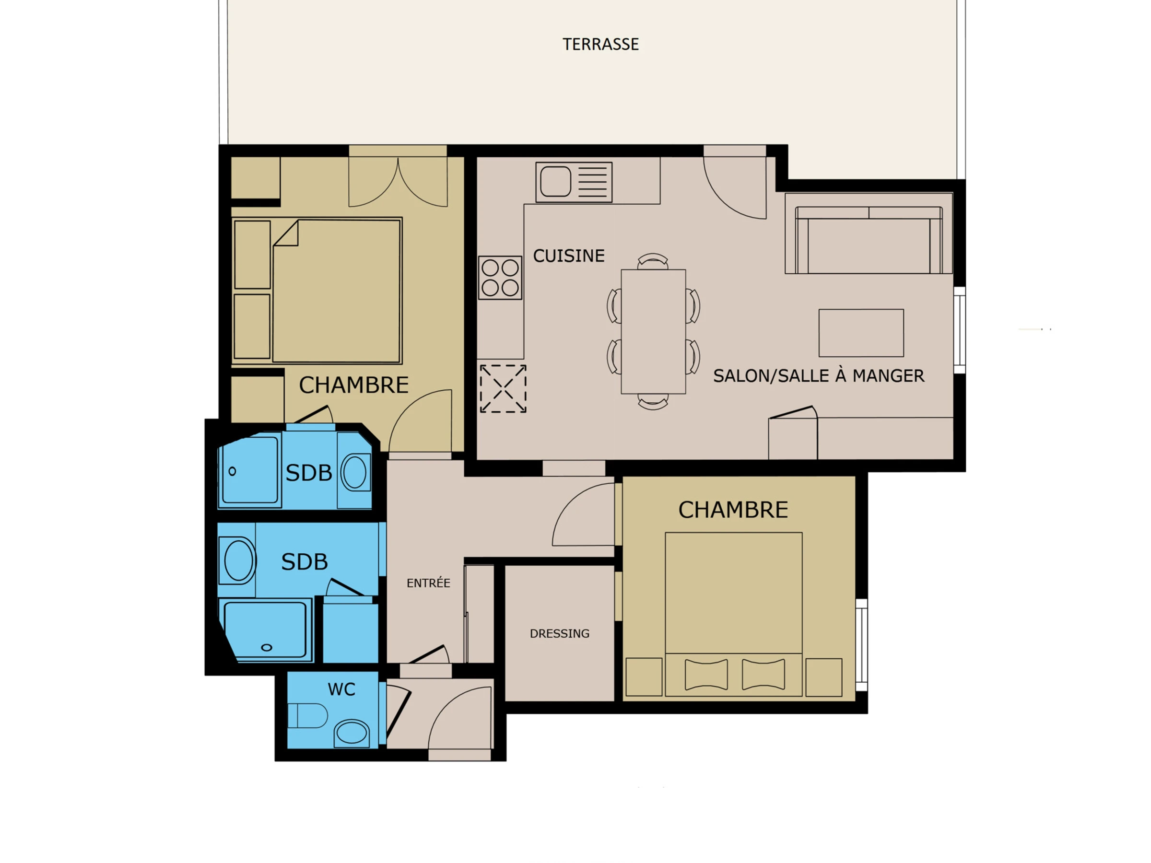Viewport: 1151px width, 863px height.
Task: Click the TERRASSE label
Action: tap(600, 44)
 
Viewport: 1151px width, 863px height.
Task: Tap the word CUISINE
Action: tap(569, 256)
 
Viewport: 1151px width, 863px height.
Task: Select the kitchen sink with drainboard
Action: tap(574, 182)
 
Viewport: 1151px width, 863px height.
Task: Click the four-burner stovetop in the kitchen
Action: tap(500, 277)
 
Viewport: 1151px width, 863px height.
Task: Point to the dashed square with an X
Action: tap(503, 388)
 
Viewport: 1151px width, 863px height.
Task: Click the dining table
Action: tap(653, 331)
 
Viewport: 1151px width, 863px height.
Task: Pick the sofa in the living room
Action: tap(869, 240)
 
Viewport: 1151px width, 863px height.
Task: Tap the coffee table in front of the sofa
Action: tap(861, 333)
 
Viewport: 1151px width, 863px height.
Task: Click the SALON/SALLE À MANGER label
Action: tap(819, 375)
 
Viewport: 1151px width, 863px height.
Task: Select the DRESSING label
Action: tap(559, 633)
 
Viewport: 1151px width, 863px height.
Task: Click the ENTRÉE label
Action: tap(428, 583)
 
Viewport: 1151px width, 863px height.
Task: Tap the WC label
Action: tap(341, 689)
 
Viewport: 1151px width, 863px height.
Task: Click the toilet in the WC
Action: tap(307, 715)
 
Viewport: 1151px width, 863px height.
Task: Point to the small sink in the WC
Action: tap(351, 734)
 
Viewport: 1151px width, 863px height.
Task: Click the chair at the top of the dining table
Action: tap(653, 261)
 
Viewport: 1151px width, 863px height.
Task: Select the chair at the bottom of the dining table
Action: tap(653, 402)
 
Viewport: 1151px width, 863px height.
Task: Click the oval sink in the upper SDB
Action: tap(355, 472)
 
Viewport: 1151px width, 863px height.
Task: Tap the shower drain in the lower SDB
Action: tap(267, 648)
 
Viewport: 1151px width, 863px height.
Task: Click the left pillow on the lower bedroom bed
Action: tap(706, 674)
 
